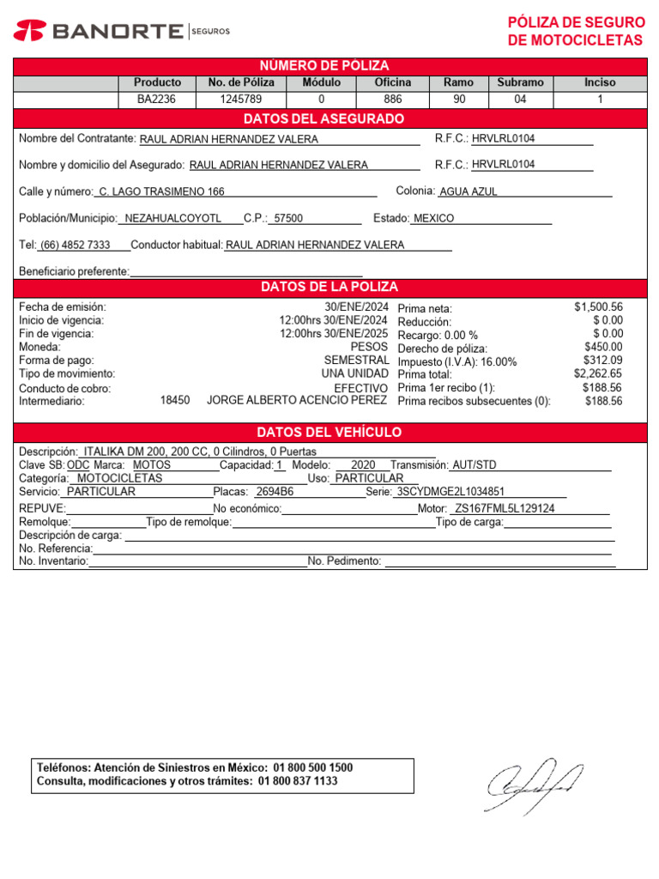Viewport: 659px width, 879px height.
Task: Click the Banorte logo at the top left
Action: tap(121, 31)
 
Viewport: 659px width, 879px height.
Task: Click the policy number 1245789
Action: tap(240, 100)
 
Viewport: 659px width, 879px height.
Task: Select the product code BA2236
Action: tap(157, 100)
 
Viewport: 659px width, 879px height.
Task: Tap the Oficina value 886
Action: tap(392, 100)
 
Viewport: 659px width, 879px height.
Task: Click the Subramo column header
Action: tap(520, 82)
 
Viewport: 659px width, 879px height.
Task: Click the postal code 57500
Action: tap(287, 219)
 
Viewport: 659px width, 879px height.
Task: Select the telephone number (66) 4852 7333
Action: tap(75, 246)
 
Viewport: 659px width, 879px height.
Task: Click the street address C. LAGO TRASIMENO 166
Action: tap(161, 192)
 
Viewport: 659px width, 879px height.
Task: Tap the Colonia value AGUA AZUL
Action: tap(468, 192)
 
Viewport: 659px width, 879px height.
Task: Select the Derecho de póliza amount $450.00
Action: tap(602, 348)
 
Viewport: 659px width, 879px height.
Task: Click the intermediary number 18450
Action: tap(175, 401)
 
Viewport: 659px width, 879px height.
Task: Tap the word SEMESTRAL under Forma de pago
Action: tap(356, 361)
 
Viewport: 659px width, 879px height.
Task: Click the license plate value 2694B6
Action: tap(275, 493)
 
